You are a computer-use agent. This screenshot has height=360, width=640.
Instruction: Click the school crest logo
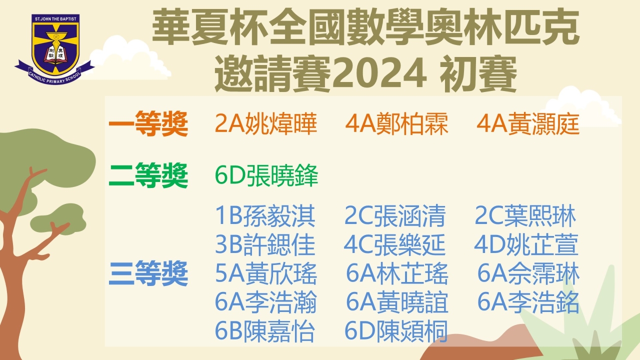[54, 49]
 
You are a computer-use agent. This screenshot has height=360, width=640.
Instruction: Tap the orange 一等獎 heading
[148, 123]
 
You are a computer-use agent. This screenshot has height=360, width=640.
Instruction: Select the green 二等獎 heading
[148, 175]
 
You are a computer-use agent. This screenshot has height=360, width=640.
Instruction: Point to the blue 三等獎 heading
[148, 273]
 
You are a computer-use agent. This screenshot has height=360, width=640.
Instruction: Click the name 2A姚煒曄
[265, 123]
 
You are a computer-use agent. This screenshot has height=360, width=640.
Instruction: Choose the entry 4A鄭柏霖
[396, 123]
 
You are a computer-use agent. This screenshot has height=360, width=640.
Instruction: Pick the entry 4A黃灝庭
[528, 123]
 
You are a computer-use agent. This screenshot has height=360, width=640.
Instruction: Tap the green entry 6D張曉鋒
[266, 175]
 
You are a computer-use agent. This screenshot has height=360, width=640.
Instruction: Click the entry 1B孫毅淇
[265, 215]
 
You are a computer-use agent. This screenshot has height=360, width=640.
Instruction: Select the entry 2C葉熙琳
[525, 215]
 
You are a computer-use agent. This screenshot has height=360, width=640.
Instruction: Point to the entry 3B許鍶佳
[265, 244]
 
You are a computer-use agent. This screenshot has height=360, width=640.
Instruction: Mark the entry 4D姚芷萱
[526, 244]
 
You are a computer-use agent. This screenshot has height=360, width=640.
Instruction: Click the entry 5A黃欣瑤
[265, 273]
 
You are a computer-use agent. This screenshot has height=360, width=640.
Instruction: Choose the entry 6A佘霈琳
[528, 273]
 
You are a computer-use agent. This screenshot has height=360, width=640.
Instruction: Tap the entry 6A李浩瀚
[265, 302]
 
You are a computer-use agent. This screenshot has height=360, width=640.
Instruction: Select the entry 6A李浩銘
[528, 302]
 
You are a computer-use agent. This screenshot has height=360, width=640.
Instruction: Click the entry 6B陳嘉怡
[265, 331]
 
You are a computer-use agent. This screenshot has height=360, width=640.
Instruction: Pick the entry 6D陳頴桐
[396, 331]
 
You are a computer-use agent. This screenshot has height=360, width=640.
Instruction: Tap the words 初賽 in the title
[478, 73]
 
